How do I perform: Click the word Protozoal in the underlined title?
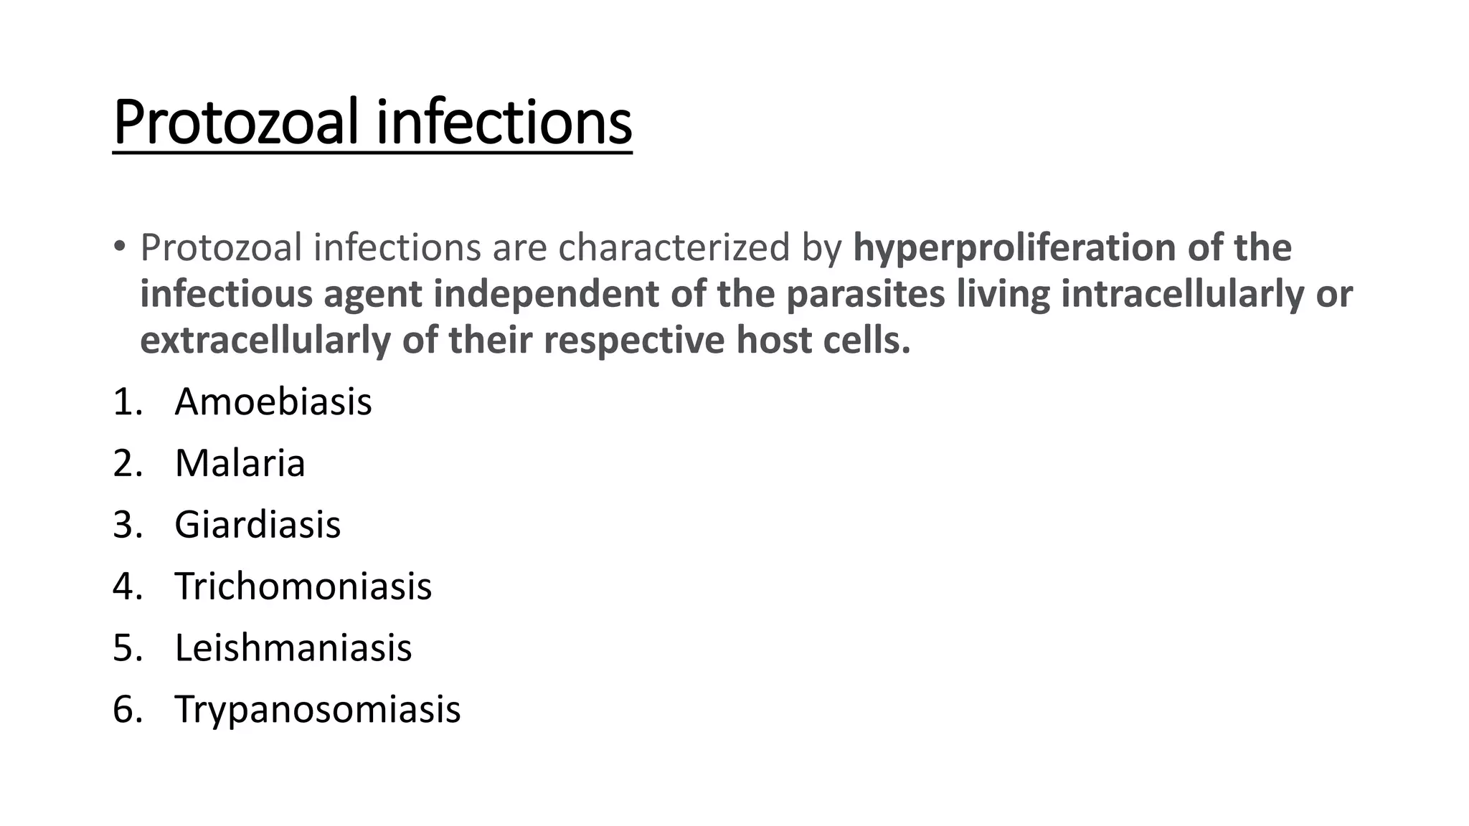(x=235, y=123)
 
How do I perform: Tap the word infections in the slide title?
(x=504, y=123)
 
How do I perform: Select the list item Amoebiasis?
(x=273, y=402)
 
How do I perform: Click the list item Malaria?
(x=240, y=463)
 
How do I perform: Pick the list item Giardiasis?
(x=258, y=525)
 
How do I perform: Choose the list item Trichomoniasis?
(x=303, y=587)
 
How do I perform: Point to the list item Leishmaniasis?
(x=293, y=648)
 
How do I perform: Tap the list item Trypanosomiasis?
(x=317, y=710)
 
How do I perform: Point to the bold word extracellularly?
(x=265, y=340)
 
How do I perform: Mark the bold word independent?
(x=546, y=294)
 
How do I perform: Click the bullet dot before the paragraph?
(x=119, y=247)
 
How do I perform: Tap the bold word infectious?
(x=226, y=294)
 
